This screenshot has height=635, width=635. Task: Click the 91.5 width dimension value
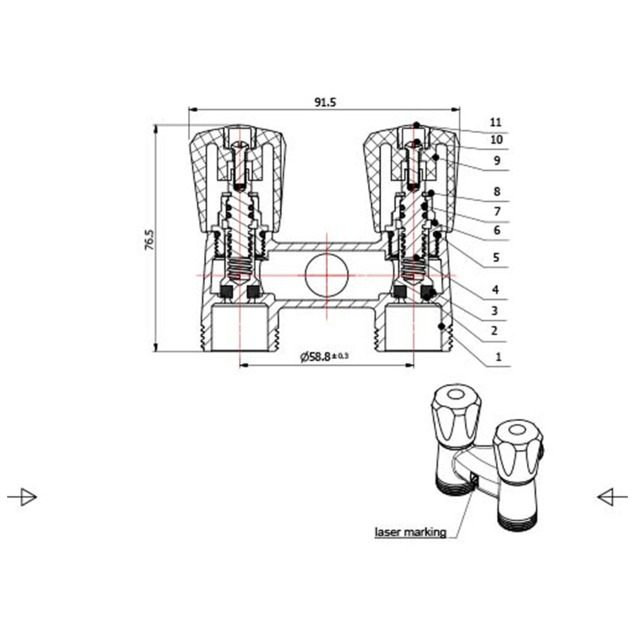[x=325, y=103]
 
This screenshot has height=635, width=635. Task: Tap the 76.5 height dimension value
[x=149, y=240]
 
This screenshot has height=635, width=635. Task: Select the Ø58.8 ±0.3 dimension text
[x=324, y=356]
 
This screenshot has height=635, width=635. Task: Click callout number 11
[x=495, y=123]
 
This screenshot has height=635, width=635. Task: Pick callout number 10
[x=496, y=140]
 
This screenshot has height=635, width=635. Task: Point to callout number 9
[x=497, y=160]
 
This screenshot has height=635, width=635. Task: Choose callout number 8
[x=497, y=192]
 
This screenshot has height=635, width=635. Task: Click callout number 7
[x=497, y=211]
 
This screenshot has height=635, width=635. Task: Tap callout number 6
[x=497, y=230]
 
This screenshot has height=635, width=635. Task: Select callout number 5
[x=496, y=257]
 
